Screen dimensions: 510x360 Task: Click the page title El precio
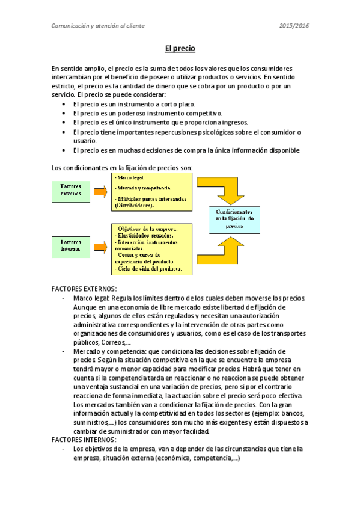pyautogui.click(x=180, y=48)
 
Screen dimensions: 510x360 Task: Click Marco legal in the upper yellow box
pyautogui.click(x=131, y=177)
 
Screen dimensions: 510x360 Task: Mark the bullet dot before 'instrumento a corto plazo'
pyautogui.click(x=64, y=104)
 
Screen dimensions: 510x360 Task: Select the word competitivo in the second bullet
pyautogui.click(x=204, y=113)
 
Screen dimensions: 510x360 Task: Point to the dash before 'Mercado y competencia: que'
pyautogui.click(x=64, y=350)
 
